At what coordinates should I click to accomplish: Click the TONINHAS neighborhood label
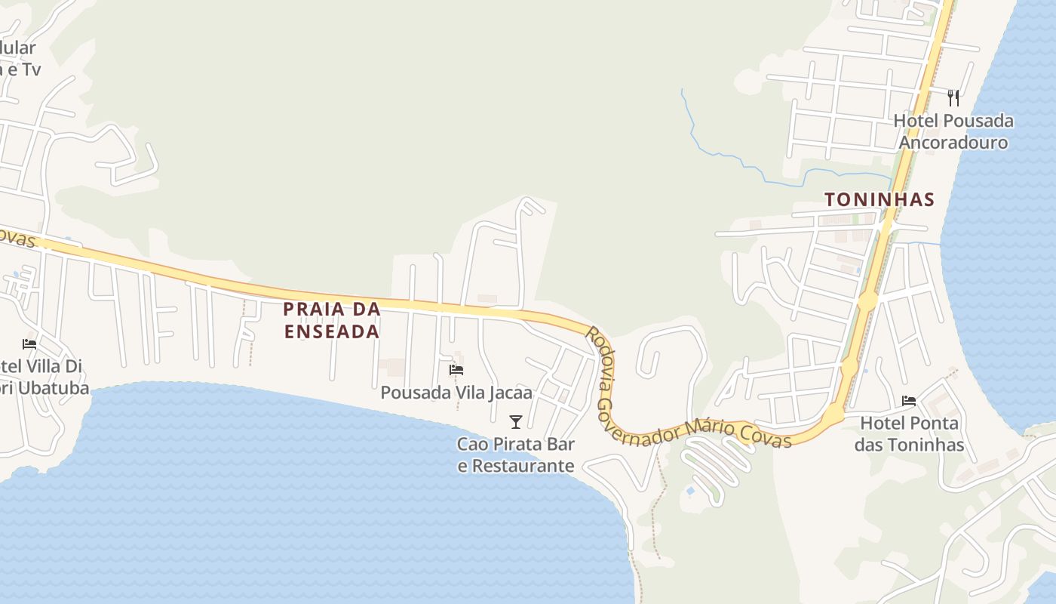[879, 200]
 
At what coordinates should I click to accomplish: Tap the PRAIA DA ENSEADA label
[332, 320]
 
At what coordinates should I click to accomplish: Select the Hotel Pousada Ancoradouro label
[953, 131]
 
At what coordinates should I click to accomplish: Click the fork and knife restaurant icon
[953, 97]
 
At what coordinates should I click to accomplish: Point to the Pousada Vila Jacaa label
[456, 393]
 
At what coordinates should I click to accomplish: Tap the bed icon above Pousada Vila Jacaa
[456, 370]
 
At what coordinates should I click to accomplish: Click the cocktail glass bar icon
[516, 422]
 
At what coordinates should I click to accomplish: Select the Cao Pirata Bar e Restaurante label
[516, 455]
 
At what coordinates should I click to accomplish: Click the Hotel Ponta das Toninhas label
[909, 434]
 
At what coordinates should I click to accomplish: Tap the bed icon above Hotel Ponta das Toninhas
[909, 401]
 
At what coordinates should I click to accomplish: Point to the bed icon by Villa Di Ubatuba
[29, 344]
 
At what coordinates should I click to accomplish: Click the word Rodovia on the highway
[601, 353]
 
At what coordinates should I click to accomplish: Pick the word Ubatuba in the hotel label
[54, 389]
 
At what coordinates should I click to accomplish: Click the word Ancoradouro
[953, 143]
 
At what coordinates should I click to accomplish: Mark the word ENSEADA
[332, 331]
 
